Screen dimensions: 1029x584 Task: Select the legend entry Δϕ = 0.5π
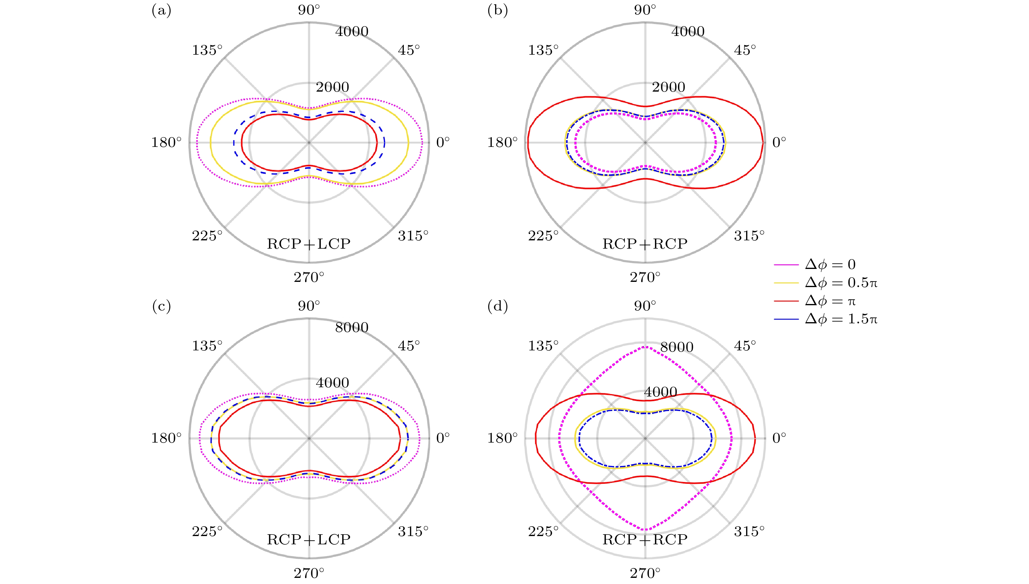(825, 283)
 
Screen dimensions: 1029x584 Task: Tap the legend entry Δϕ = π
(815, 301)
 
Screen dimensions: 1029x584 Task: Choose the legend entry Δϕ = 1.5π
(825, 319)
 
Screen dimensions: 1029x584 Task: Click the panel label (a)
(161, 10)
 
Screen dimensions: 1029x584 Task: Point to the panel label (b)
(498, 10)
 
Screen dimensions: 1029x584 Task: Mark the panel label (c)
(161, 306)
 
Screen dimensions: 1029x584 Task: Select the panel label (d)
(498, 306)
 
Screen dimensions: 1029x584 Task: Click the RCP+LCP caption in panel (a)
(309, 244)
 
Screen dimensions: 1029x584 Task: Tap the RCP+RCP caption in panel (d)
(645, 539)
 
